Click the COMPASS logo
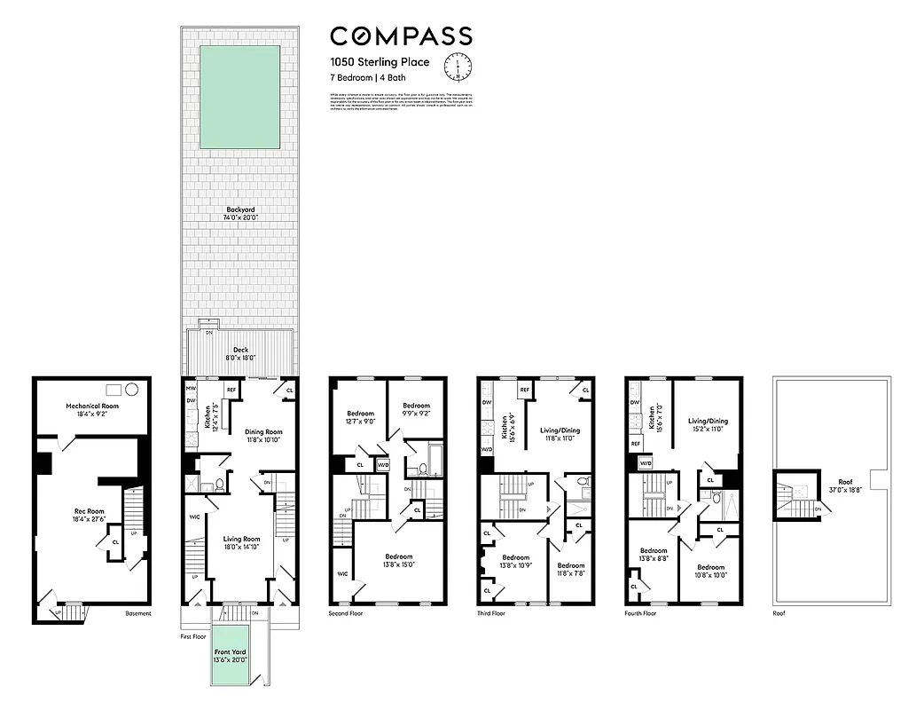coord(401,36)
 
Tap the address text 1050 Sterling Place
coord(379,62)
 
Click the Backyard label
coord(237,209)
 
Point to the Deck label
coord(240,350)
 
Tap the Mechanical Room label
coord(91,406)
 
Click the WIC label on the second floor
coord(342,574)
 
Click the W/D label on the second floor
coord(383,464)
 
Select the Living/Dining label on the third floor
coord(560,430)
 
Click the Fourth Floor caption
coord(641,612)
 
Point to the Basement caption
coord(137,613)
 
